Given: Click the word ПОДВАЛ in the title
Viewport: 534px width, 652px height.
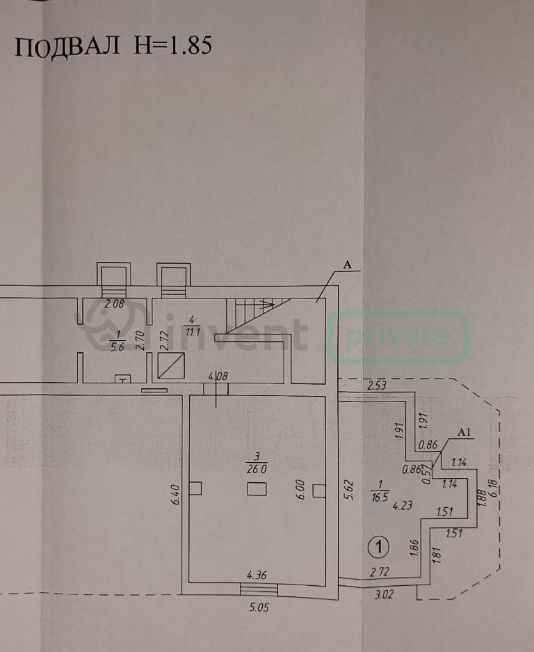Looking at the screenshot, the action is tap(67, 47).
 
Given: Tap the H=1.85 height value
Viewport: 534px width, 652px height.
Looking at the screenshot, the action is tap(173, 46).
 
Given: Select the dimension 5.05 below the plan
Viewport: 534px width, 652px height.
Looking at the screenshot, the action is tap(259, 607).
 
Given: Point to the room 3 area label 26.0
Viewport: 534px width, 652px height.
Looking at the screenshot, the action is tap(257, 469).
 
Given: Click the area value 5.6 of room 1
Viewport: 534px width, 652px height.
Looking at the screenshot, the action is tap(117, 347).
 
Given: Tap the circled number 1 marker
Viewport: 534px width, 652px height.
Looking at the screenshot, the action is tap(379, 547).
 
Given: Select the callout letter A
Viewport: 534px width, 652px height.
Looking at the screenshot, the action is tap(348, 265).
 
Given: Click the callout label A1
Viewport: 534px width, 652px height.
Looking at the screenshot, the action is tap(464, 432).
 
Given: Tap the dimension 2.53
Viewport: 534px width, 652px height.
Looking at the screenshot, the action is tap(376, 386).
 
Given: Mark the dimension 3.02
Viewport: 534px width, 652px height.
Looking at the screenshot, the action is tap(384, 595).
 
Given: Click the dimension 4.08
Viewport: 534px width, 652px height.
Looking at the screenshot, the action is tap(218, 376).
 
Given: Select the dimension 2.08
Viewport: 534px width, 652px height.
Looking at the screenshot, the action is tap(114, 304).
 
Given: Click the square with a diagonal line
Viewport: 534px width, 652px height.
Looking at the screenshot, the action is tap(171, 366).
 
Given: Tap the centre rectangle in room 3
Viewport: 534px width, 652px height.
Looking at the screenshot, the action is tap(257, 489).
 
